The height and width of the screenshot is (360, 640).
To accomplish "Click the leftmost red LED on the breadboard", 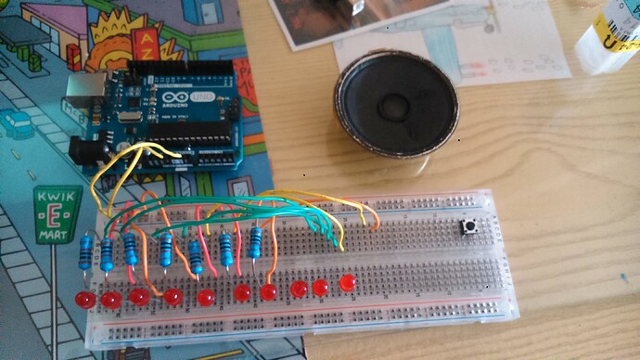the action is tap(84, 300).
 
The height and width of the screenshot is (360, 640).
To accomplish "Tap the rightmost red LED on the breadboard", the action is tap(349, 282).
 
